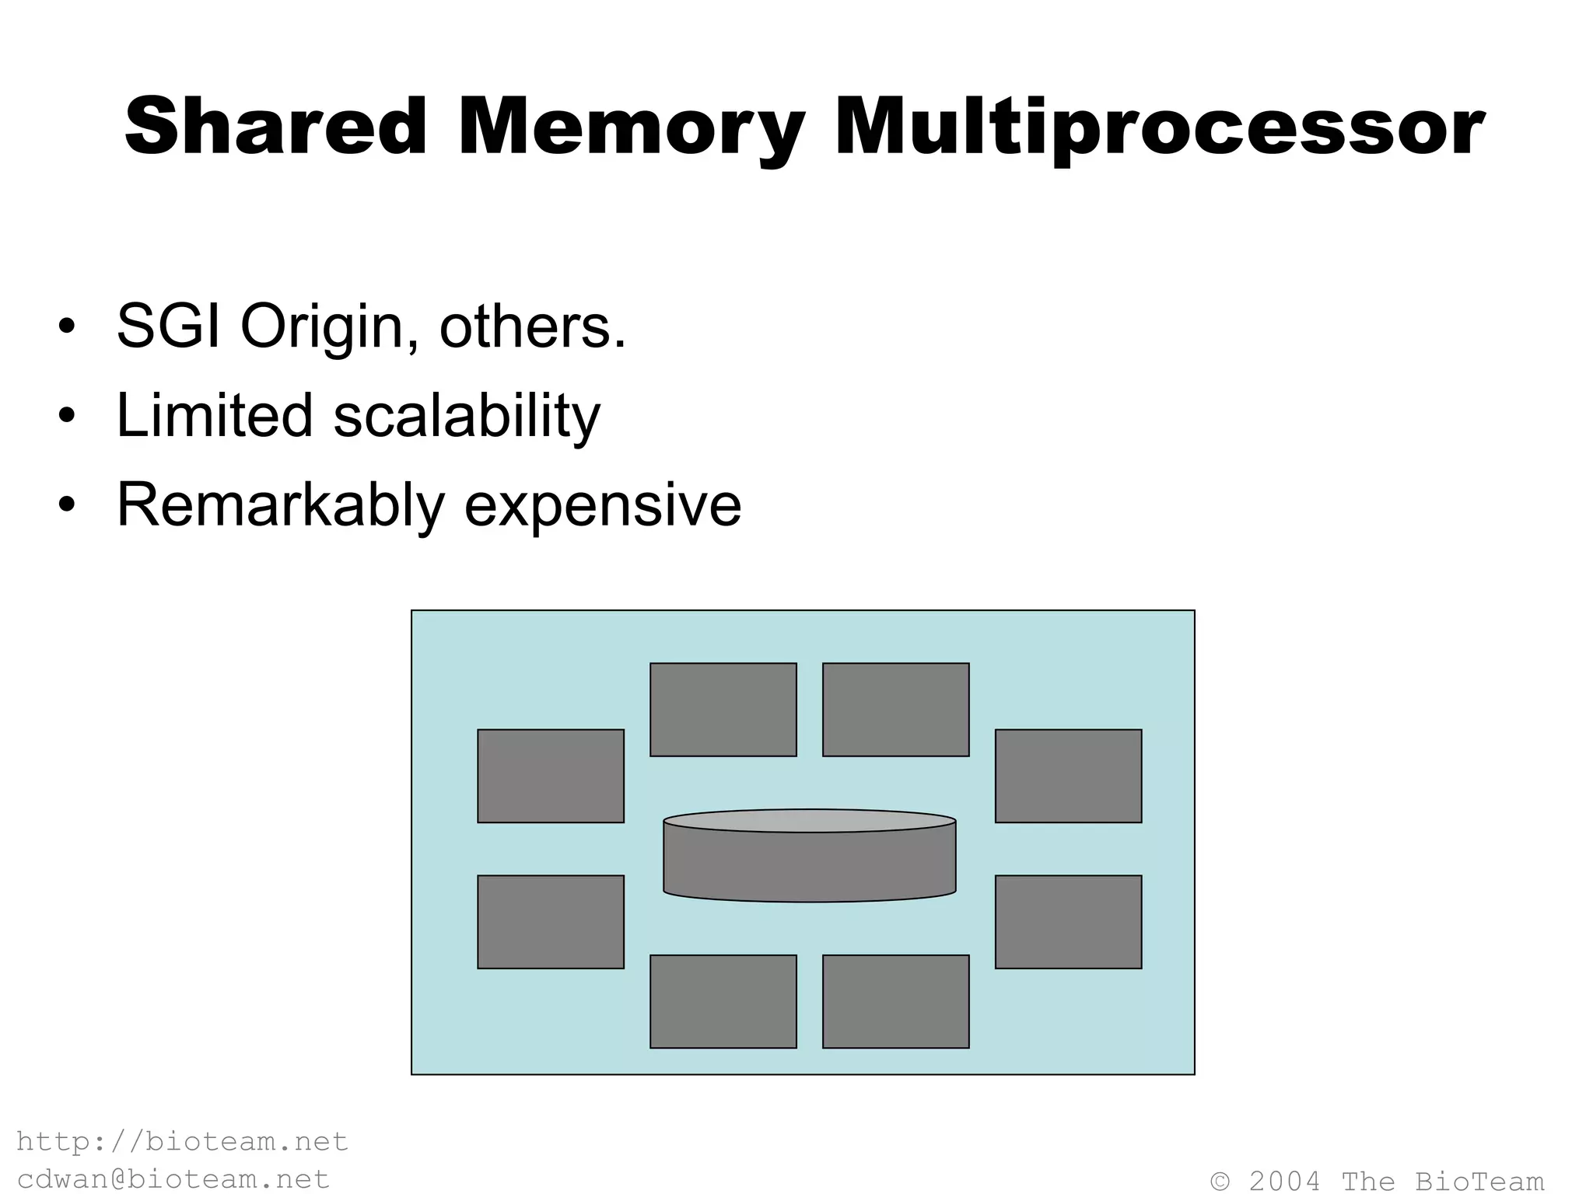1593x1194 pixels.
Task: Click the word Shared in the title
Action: (x=276, y=127)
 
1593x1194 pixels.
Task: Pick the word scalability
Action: (x=467, y=417)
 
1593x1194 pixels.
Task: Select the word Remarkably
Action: (x=280, y=506)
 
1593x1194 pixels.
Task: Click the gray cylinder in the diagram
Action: (x=809, y=858)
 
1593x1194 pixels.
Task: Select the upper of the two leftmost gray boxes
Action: (x=551, y=776)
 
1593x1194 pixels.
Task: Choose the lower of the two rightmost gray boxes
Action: (x=1068, y=922)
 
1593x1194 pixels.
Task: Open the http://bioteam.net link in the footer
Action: (x=182, y=1141)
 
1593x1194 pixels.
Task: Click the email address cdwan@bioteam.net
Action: (x=173, y=1178)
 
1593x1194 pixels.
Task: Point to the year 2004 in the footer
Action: (x=1284, y=1181)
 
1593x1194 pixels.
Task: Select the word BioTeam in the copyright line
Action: (x=1479, y=1181)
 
